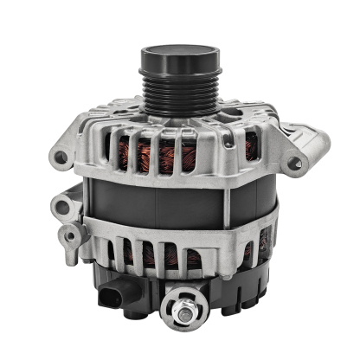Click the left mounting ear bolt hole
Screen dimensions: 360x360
[61, 158]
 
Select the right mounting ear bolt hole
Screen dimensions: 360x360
[293, 161]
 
